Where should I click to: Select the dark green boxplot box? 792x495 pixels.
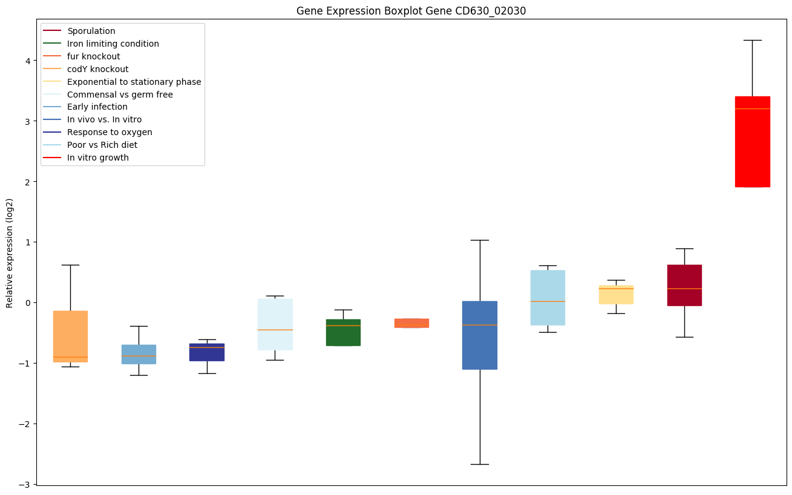coord(343,333)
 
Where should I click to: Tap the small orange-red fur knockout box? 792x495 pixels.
coord(411,323)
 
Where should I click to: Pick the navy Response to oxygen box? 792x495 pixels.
coord(207,352)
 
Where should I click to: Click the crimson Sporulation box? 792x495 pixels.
coord(684,285)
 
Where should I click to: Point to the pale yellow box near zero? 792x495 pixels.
coord(616,294)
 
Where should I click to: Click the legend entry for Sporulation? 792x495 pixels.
coord(91,31)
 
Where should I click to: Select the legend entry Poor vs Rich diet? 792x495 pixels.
coord(102,145)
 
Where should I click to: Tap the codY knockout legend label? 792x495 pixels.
coord(98,69)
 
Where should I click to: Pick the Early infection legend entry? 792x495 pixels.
coord(97,107)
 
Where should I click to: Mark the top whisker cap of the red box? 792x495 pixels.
coord(752,40)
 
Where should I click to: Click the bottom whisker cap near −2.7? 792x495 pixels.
coord(480,464)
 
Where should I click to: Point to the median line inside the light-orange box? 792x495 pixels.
coord(70,357)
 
